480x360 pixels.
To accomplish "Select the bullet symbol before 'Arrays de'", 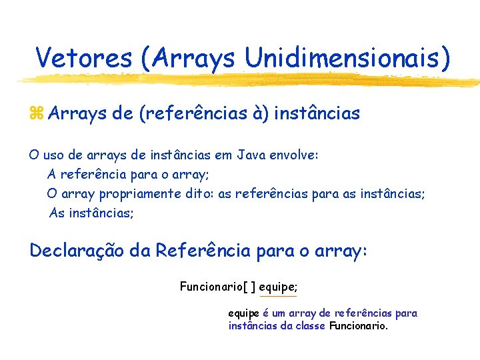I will pyautogui.click(x=37, y=114).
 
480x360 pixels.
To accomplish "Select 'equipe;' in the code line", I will pyautogui.click(x=278, y=287).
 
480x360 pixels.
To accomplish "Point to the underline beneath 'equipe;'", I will pyautogui.click(x=278, y=296).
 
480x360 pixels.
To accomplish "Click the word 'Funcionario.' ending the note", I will pyautogui.click(x=359, y=326).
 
